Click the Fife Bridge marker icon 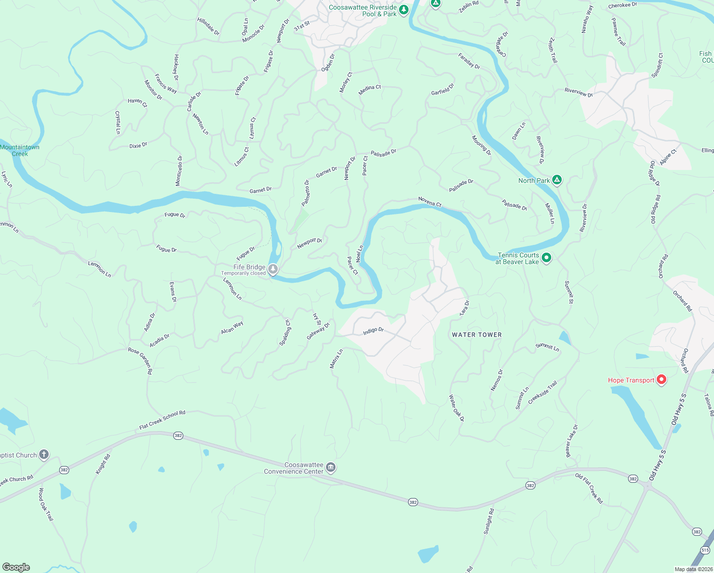point(273,270)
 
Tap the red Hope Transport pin point(661,380)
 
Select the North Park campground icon point(556,180)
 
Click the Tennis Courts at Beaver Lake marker point(547,258)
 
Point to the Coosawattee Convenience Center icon point(331,468)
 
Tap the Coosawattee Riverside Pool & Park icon point(404,10)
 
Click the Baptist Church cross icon point(44,455)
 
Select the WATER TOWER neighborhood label point(477,335)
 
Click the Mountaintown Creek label point(20,150)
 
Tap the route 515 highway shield point(705,551)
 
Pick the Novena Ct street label point(430,202)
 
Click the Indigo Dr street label point(373,330)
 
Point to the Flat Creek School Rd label point(162,420)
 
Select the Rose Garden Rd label point(140,361)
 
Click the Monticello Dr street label point(179,170)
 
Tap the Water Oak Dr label point(456,408)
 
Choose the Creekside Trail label point(543,393)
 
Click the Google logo point(16,567)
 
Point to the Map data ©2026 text point(693,569)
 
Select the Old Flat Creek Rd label point(589,488)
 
